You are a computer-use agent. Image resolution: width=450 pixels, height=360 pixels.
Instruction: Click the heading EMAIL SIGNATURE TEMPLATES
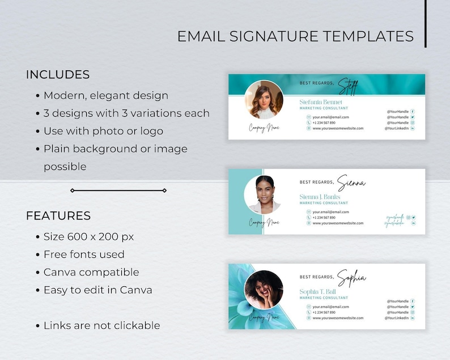coord(295,36)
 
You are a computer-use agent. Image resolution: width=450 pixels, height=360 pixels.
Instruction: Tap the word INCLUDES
coord(58,75)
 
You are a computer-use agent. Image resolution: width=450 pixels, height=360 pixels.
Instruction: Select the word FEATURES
coord(58,216)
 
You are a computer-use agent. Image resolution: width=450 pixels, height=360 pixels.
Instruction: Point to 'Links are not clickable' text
coord(101,325)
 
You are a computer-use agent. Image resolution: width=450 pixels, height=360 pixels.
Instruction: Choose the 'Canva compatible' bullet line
coord(91,272)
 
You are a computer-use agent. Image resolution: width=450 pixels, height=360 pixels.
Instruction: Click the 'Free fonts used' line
coord(84,255)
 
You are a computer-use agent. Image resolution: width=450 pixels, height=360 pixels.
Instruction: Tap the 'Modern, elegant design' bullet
coord(105,96)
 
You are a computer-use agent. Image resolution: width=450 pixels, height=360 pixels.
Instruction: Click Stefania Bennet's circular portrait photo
coord(264,99)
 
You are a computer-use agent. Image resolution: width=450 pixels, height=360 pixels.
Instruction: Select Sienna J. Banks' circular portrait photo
coord(262,194)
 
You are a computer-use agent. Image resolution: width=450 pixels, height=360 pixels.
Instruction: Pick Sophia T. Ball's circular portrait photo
coord(264,290)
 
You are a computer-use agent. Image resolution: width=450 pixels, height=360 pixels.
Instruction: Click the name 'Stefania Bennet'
coord(320,102)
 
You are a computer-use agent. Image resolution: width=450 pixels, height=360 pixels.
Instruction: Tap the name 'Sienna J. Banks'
coord(320,197)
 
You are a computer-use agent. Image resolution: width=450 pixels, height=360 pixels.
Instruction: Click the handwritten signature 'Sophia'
coord(351,278)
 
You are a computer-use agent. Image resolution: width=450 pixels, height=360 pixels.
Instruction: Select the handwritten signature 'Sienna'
coord(351,183)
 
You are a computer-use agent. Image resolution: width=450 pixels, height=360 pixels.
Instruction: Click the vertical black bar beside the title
coord(425,23)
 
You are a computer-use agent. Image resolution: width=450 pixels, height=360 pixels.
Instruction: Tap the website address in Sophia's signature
coord(338,318)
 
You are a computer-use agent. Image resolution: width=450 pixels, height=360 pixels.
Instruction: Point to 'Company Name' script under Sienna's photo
coord(264,223)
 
